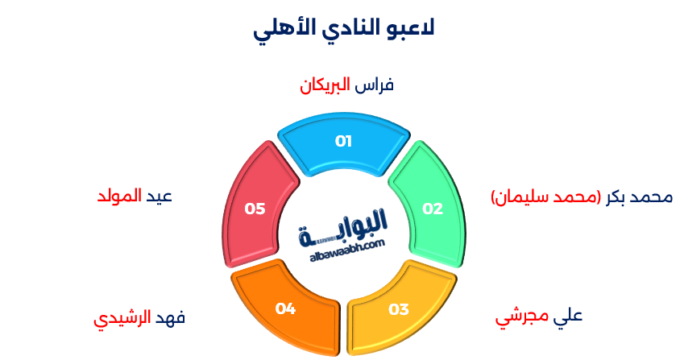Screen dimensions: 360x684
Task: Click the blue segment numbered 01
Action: point(344,143)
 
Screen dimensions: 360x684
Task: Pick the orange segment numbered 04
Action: point(286,310)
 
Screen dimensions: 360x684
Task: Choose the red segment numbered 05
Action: point(255,207)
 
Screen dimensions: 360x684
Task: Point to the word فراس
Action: point(375,85)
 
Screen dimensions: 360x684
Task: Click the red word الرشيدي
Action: point(122,318)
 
